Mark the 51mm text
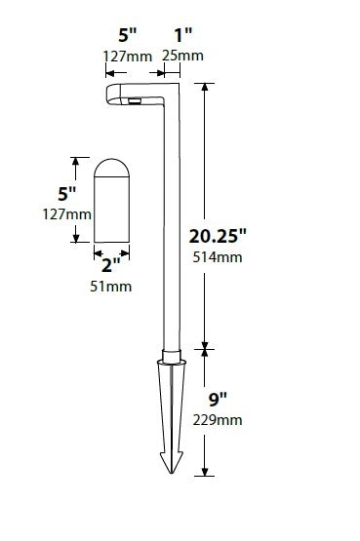click(112, 287)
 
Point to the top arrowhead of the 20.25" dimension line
click(204, 87)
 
